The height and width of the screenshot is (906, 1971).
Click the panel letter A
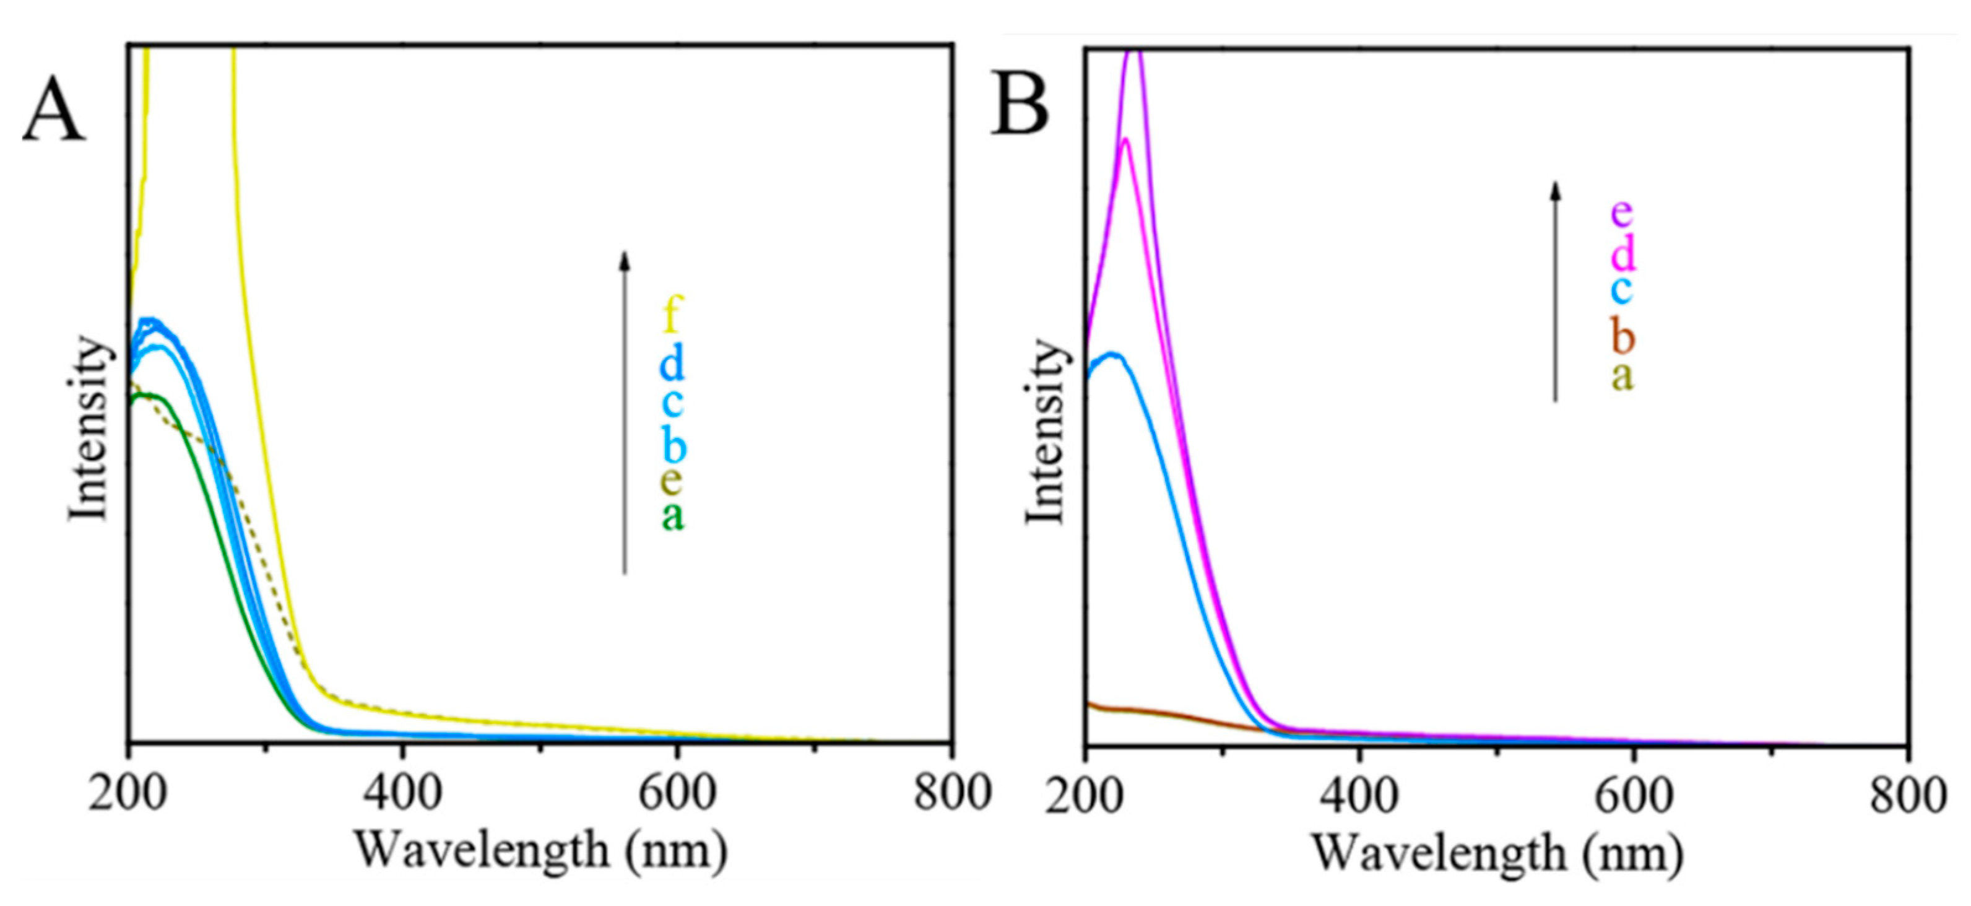point(54,108)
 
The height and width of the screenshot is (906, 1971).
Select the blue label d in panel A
point(672,363)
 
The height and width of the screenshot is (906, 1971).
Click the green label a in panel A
point(672,515)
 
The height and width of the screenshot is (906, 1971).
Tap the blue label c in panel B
point(1621,290)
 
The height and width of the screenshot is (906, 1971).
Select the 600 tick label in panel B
point(1634,796)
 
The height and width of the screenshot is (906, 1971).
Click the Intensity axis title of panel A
point(88,429)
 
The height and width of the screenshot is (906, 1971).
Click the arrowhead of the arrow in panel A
point(625,259)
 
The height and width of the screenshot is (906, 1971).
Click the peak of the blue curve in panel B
point(1112,354)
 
